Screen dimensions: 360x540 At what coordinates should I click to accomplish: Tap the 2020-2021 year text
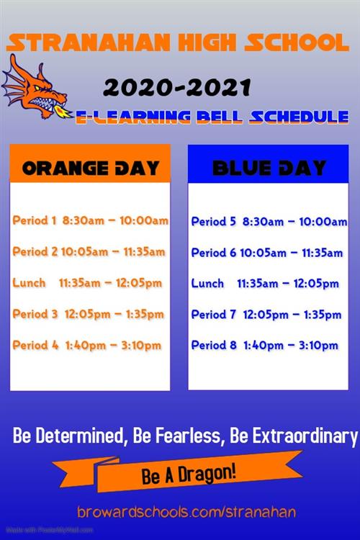pyautogui.click(x=177, y=87)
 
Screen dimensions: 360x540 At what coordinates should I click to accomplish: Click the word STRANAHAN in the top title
pyautogui.click(x=89, y=42)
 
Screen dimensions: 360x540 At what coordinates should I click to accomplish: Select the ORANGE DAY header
pyautogui.click(x=90, y=168)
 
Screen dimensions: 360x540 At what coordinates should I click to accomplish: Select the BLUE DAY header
pyautogui.click(x=269, y=168)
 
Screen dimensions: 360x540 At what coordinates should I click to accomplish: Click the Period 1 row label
pyautogui.click(x=34, y=220)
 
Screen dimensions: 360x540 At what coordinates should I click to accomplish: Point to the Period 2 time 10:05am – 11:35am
pyautogui.click(x=113, y=252)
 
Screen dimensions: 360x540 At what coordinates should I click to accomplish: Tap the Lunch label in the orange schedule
pyautogui.click(x=29, y=283)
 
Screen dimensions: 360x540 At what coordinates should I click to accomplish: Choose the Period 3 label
pyautogui.click(x=35, y=314)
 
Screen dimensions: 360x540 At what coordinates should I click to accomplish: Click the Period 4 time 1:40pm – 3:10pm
pyautogui.click(x=113, y=346)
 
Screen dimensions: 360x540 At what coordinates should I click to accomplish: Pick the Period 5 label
pyautogui.click(x=214, y=222)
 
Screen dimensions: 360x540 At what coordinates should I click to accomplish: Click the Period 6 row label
pyautogui.click(x=214, y=253)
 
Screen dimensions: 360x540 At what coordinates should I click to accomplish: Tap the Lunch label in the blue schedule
pyautogui.click(x=207, y=284)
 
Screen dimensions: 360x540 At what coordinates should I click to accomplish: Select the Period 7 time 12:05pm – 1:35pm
pyautogui.click(x=292, y=315)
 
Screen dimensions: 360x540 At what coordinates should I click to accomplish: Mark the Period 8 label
pyautogui.click(x=214, y=345)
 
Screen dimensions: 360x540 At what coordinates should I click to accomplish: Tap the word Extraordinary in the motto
pyautogui.click(x=305, y=437)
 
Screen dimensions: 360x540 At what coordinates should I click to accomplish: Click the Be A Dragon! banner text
pyautogui.click(x=189, y=474)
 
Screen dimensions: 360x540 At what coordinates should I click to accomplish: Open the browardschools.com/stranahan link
pyautogui.click(x=186, y=512)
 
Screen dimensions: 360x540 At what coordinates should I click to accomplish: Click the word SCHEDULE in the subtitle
pyautogui.click(x=299, y=117)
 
